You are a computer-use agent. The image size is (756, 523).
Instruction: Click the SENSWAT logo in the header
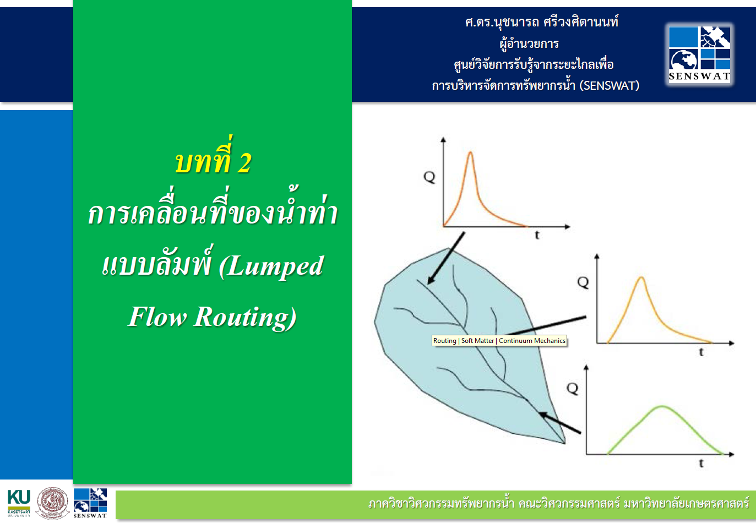click(699, 54)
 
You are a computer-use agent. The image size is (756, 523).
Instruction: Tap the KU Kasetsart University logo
click(19, 503)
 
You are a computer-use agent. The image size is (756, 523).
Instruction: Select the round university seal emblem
click(52, 503)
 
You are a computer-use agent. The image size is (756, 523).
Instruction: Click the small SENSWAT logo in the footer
click(90, 503)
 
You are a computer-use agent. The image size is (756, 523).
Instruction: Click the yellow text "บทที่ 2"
click(213, 162)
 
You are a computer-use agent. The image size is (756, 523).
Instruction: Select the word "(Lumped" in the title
click(271, 266)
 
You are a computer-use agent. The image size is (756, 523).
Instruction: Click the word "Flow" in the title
click(157, 317)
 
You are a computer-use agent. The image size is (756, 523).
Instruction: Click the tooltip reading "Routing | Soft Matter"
click(499, 341)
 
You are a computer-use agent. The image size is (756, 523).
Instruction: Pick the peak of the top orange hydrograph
click(470, 152)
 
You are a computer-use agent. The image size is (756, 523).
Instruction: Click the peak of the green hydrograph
click(662, 407)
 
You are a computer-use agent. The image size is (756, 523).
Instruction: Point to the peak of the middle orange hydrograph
click(641, 277)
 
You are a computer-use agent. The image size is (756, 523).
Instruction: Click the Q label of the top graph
click(429, 177)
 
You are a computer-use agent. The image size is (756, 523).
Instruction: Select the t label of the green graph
click(701, 464)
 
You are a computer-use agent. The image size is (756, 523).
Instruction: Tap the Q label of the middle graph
click(583, 282)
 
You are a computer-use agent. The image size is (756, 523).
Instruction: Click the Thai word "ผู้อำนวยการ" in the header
click(529, 43)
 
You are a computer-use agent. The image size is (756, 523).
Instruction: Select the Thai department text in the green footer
click(558, 503)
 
